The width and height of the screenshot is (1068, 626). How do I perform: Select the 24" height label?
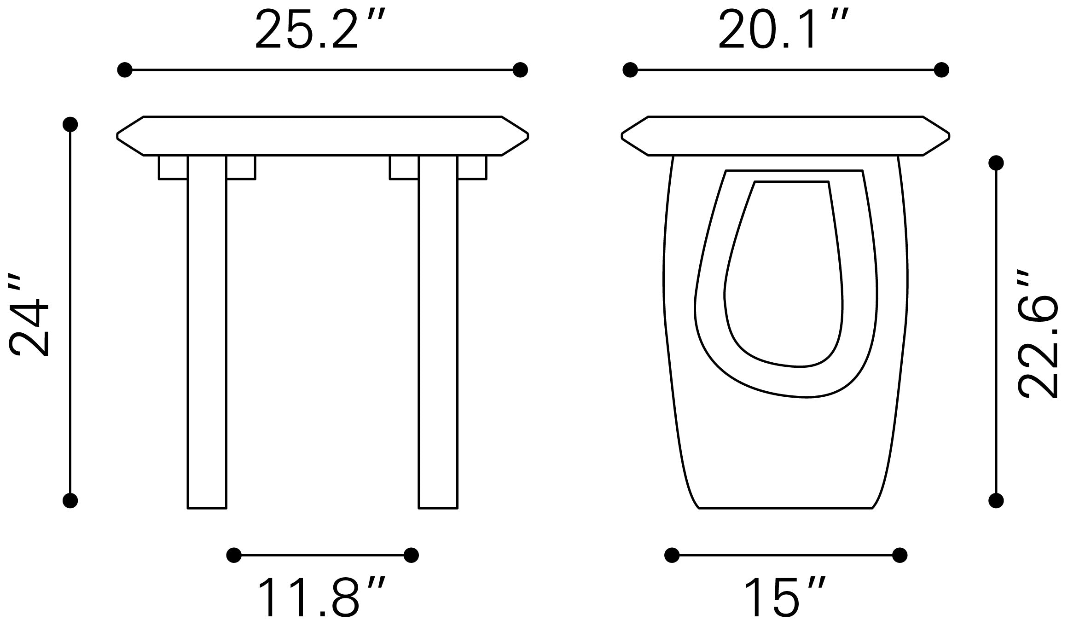click(29, 317)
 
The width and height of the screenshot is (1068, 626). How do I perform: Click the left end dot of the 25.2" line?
click(125, 70)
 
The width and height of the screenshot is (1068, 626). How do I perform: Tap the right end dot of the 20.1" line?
click(941, 70)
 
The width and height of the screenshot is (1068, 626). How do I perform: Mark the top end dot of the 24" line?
click(70, 124)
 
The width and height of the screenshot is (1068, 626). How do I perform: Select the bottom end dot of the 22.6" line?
click(996, 500)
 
